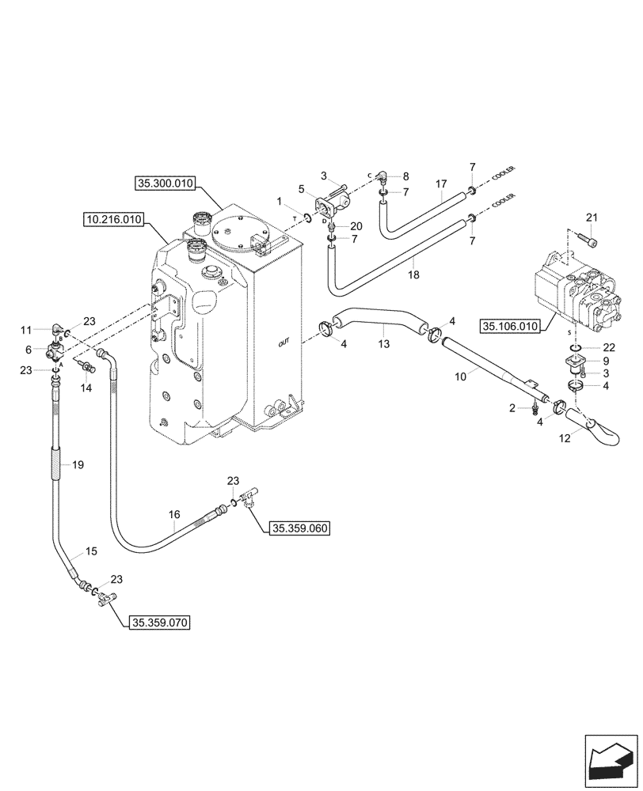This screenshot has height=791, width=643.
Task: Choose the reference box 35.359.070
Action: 159,623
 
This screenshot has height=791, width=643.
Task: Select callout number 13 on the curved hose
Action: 385,344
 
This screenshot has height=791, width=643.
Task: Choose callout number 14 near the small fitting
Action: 86,388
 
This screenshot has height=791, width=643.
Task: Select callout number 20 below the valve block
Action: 356,226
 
